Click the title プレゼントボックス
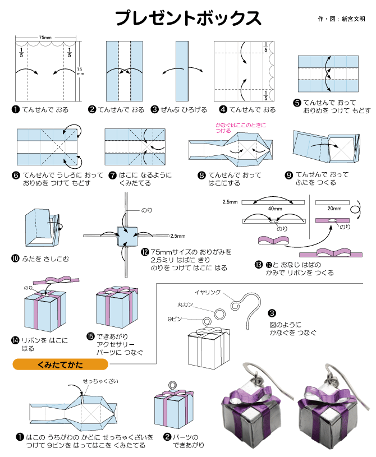188,18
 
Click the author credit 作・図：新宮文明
341,19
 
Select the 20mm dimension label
334,207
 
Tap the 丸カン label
185,304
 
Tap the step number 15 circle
90,336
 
